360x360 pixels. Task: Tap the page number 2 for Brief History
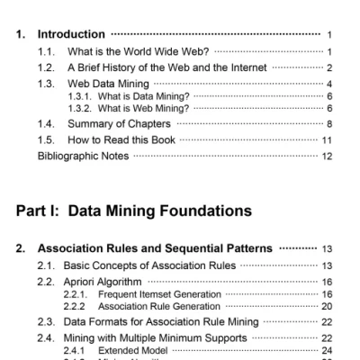[x=329, y=67]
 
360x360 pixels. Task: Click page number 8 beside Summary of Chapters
[x=330, y=123]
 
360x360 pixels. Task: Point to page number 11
[x=328, y=139]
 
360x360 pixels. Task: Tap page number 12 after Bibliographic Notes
[x=328, y=156]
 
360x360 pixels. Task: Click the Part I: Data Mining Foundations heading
[x=130, y=212]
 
